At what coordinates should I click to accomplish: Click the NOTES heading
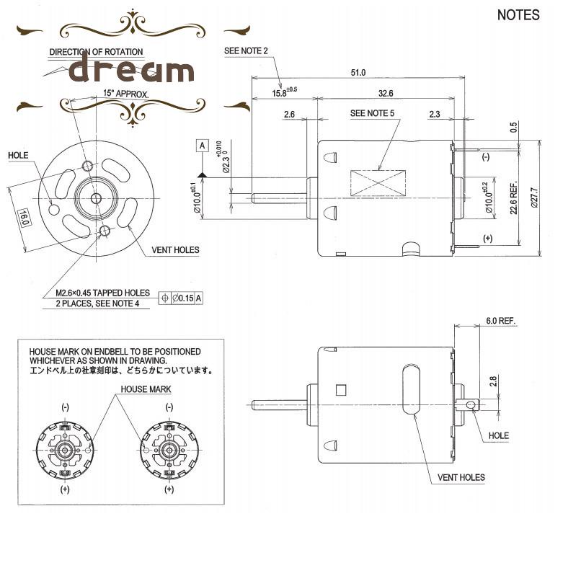[x=518, y=15]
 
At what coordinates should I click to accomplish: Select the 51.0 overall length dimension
[x=358, y=72]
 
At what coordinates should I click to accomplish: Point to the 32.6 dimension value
[x=385, y=93]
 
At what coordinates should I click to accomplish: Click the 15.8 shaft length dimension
[x=283, y=93]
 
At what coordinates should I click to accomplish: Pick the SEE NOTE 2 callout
[x=246, y=51]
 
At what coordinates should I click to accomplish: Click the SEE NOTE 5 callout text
[x=372, y=113]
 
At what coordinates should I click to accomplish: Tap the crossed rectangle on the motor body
[x=377, y=182]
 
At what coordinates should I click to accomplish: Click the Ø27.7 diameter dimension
[x=534, y=197]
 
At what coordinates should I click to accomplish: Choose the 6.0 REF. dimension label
[x=502, y=321]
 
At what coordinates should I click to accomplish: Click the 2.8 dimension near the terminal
[x=494, y=381]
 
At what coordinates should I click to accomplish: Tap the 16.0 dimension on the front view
[x=23, y=217]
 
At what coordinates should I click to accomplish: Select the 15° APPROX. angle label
[x=125, y=94]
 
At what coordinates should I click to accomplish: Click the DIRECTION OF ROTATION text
[x=96, y=52]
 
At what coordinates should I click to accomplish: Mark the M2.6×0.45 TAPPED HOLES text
[x=102, y=293]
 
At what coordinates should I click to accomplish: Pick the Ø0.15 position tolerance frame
[x=182, y=298]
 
